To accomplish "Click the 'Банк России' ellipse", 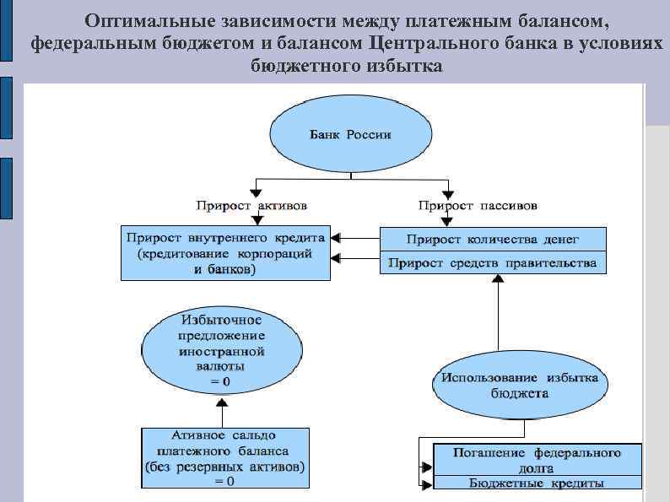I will coord(350,135).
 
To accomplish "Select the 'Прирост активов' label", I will coord(251,205).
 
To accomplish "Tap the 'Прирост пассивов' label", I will coord(478,205).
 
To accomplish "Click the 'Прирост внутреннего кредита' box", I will coord(225,253).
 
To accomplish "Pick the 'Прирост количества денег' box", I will coord(493,240).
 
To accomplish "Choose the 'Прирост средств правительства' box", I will coord(493,262).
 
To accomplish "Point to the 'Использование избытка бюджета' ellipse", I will coord(519,385).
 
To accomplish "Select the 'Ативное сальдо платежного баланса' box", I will coord(224,457).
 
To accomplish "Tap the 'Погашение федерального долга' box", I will coord(538,459).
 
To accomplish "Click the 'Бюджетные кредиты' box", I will coord(538,483).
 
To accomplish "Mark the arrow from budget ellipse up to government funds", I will coord(497,321).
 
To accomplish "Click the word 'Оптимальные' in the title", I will coord(148,19).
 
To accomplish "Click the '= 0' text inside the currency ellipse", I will coord(221,381).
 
